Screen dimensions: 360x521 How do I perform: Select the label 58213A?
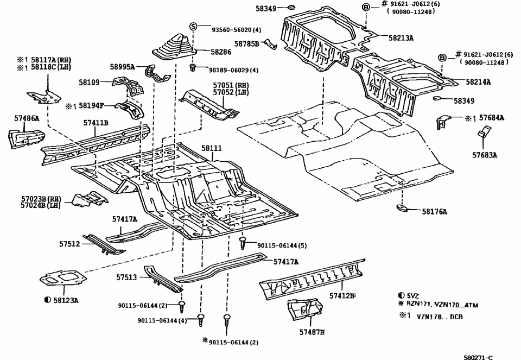(401, 38)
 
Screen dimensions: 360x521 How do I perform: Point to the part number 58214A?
(478, 82)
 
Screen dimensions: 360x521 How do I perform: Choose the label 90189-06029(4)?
(234, 70)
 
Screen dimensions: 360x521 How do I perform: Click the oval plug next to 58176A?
(402, 209)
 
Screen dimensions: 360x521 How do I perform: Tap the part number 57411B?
(96, 123)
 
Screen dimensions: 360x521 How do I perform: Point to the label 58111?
(211, 148)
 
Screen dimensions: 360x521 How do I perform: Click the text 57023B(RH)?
(41, 199)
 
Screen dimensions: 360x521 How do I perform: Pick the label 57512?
(69, 244)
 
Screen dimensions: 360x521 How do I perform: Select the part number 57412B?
(342, 296)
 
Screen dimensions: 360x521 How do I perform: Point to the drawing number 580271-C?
(478, 357)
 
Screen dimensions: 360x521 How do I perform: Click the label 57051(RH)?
(231, 85)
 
